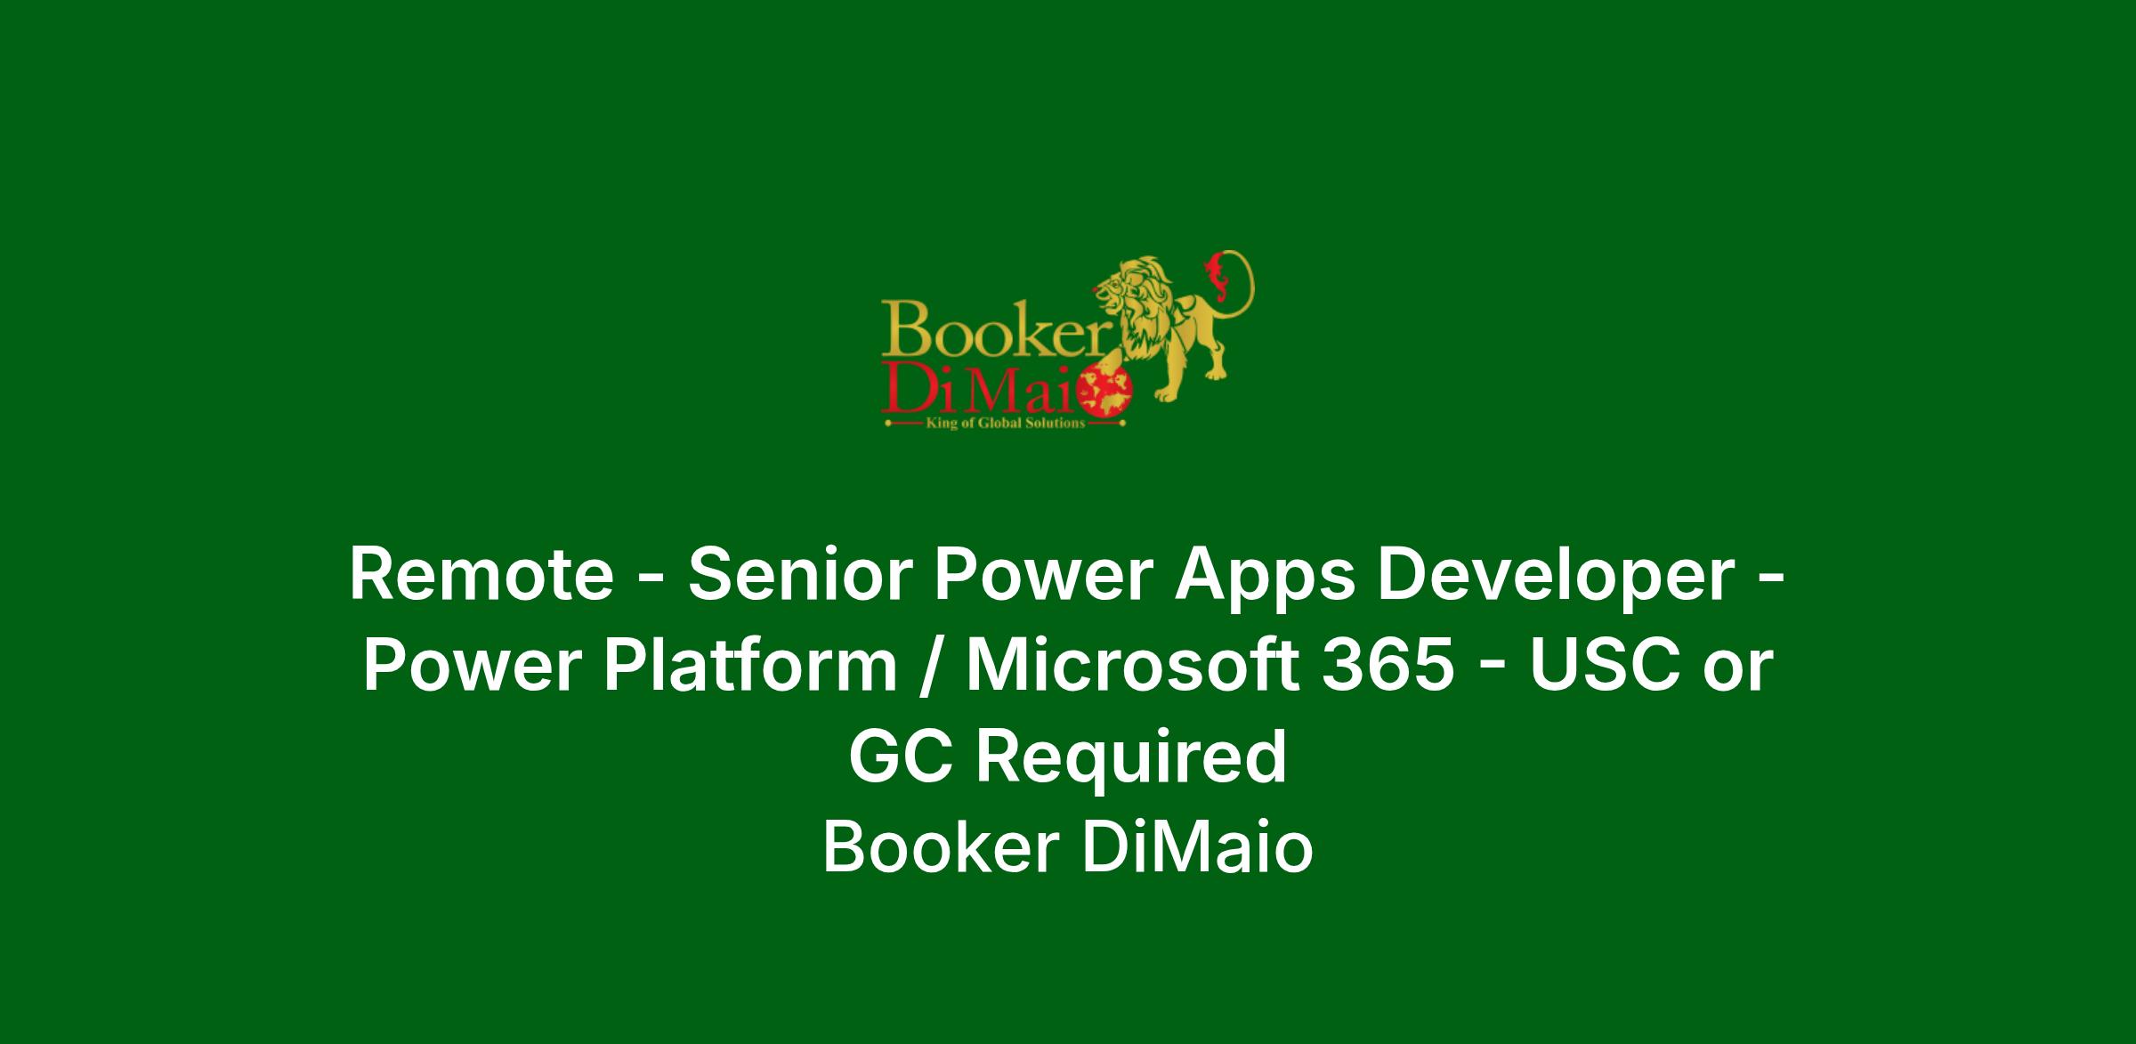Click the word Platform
click(x=752, y=667)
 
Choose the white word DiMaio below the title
click(x=1197, y=847)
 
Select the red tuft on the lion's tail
click(x=1214, y=266)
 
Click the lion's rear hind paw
click(x=1216, y=374)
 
